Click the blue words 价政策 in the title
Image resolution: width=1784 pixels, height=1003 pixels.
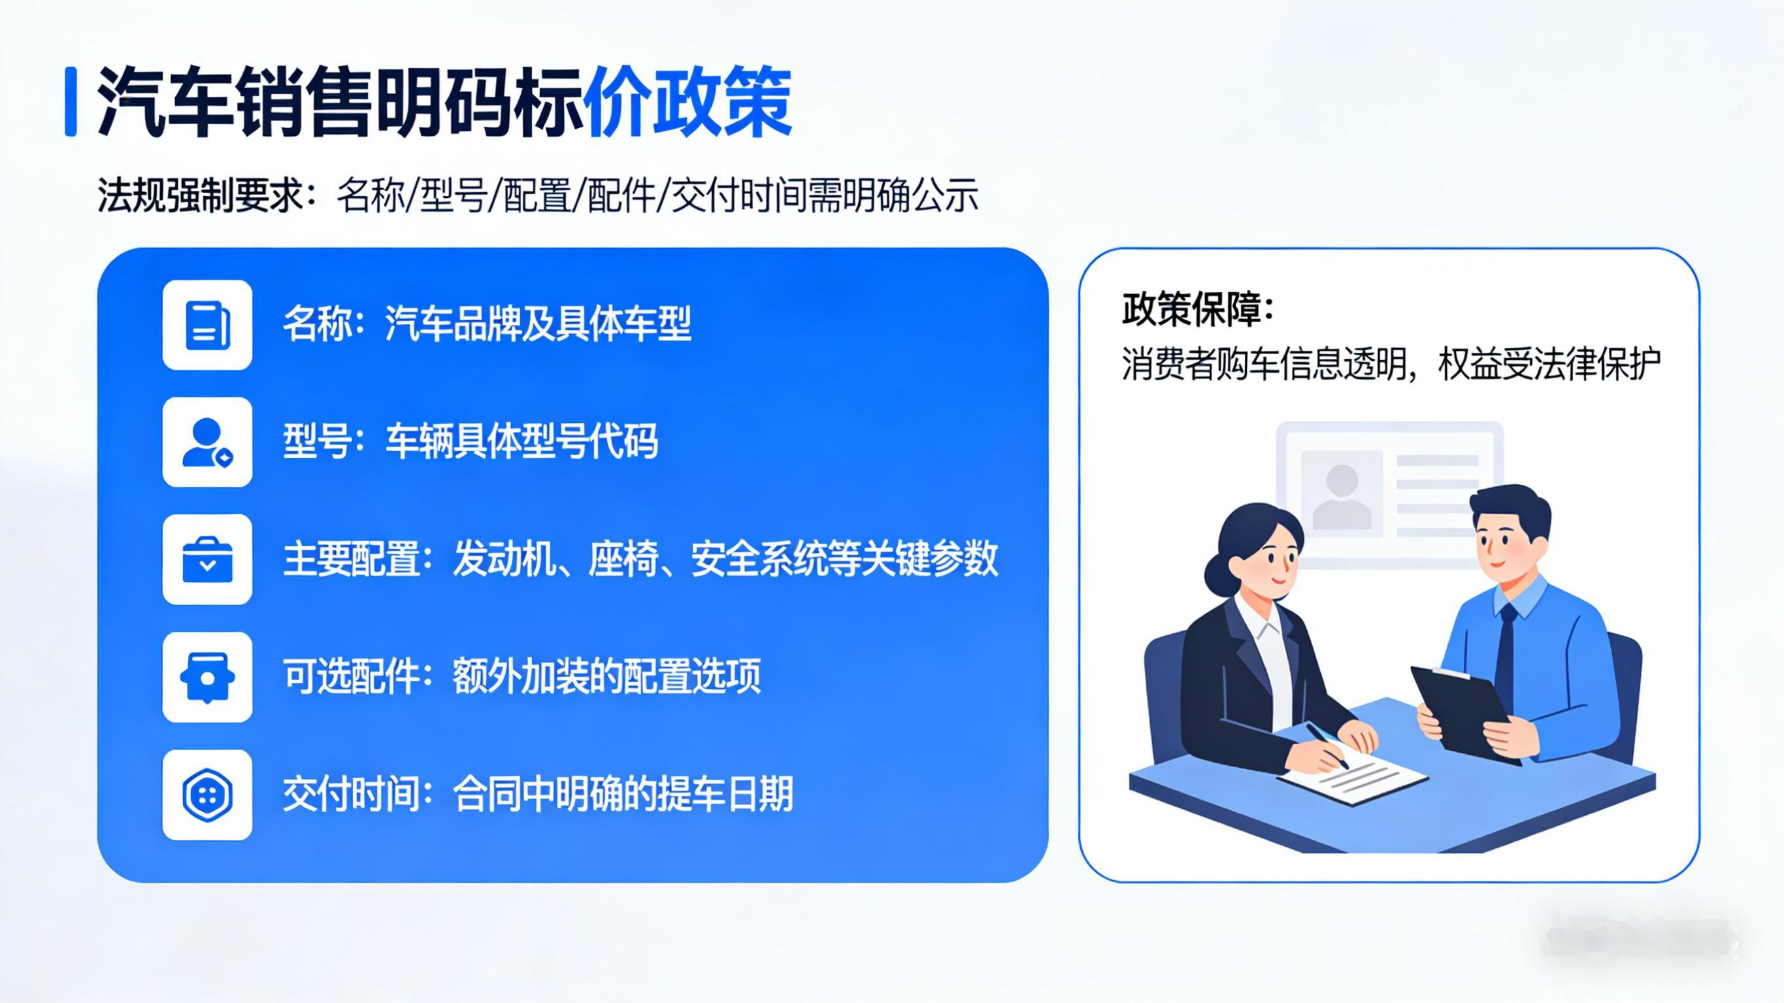tap(688, 103)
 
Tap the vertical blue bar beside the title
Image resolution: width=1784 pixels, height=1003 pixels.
tap(70, 102)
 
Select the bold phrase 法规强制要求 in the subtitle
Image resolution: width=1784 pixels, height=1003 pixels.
tap(200, 195)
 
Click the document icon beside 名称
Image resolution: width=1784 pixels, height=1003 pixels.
tap(207, 325)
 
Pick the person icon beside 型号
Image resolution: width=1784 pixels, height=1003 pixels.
tap(207, 442)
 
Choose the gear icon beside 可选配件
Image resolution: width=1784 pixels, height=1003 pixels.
tap(207, 678)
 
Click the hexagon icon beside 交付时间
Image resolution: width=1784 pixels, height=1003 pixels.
tap(207, 795)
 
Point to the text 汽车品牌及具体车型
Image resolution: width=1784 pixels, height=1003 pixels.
tap(538, 323)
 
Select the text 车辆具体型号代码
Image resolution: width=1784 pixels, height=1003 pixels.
tap(521, 441)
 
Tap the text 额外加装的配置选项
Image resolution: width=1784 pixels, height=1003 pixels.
tap(606, 676)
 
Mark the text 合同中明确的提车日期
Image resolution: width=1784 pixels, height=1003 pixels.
tap(623, 794)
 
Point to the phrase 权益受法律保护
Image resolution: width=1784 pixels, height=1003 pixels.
tap(1549, 365)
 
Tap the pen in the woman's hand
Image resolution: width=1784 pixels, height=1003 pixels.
tap(1327, 746)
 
